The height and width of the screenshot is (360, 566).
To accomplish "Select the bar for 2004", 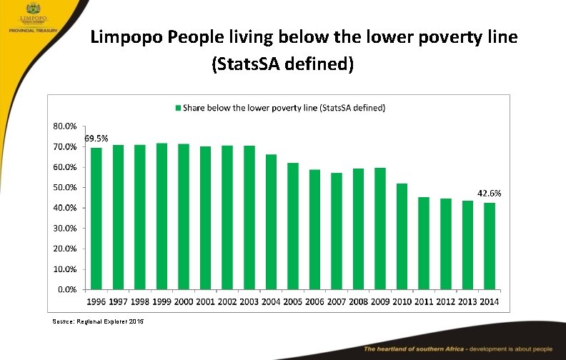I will pos(271,222).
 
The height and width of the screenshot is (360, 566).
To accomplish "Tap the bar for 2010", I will pos(402,236).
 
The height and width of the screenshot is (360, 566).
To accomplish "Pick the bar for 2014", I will pos(489,246).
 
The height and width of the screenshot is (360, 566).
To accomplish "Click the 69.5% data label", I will pos(96,138).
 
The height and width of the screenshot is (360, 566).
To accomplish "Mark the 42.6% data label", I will pos(489,193).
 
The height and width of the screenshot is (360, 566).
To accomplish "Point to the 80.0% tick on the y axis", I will pos(64,126).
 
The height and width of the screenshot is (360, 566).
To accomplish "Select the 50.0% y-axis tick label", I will pos(64,187).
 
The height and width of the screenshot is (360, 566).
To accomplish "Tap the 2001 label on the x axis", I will pos(206,302).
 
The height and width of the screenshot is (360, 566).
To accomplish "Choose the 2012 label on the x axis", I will pos(445,302).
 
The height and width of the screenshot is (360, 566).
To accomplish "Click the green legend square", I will pos(178,108).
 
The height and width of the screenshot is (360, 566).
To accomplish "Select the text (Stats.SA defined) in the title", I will pos(282,65).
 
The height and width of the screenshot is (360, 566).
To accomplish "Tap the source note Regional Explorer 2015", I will pos(98,322).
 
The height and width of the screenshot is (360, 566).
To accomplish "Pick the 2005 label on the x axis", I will pos(293,302).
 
